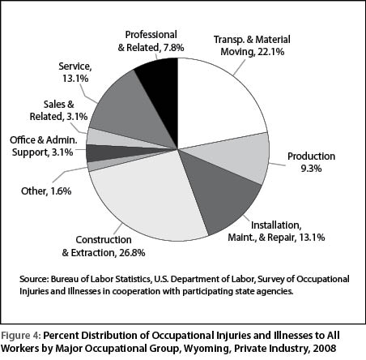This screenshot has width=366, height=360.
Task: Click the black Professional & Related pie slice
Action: point(160,89)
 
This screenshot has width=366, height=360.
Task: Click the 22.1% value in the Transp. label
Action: point(270,52)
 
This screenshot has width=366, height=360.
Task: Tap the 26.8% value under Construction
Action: point(132,253)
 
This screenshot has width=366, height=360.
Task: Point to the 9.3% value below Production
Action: point(312,169)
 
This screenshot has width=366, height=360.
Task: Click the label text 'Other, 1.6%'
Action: point(46,191)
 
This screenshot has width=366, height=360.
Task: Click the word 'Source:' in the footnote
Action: point(34,279)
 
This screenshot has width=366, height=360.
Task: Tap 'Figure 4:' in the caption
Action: point(21,336)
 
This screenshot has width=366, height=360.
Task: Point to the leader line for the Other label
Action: point(70,174)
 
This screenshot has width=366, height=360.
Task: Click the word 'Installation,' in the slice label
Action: point(276,225)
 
